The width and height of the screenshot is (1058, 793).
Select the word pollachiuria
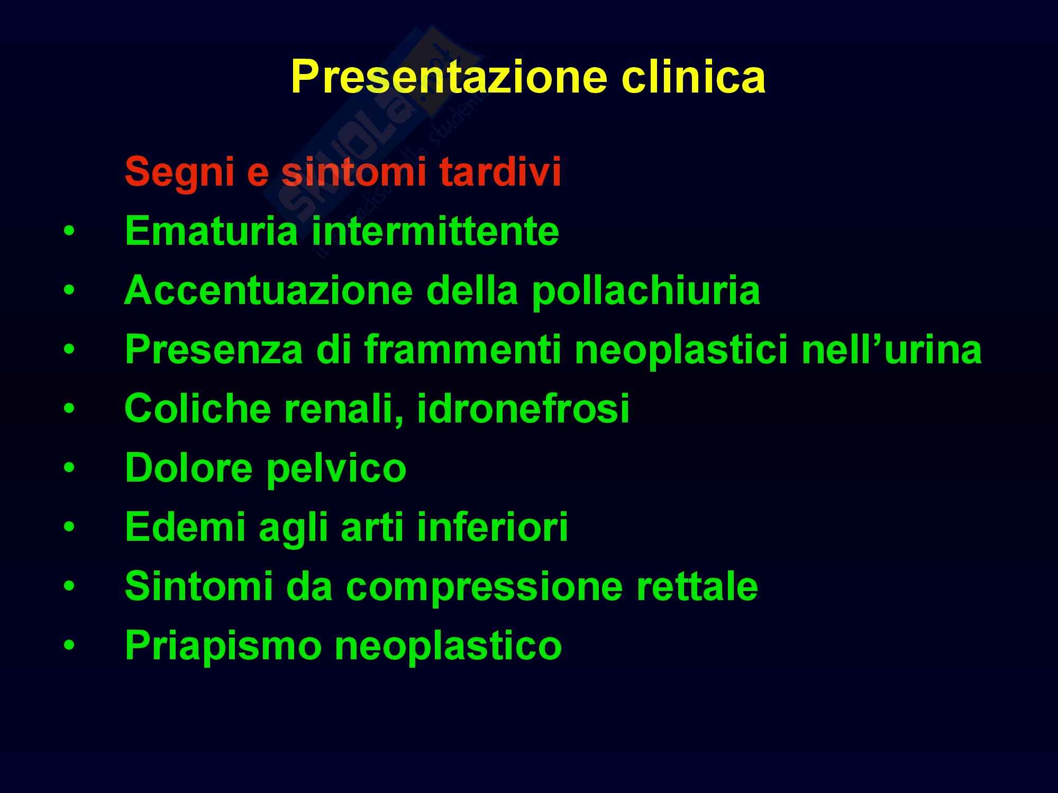point(646,291)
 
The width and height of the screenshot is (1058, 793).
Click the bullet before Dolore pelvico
point(68,468)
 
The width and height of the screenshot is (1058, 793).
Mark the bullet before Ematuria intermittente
point(68,232)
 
